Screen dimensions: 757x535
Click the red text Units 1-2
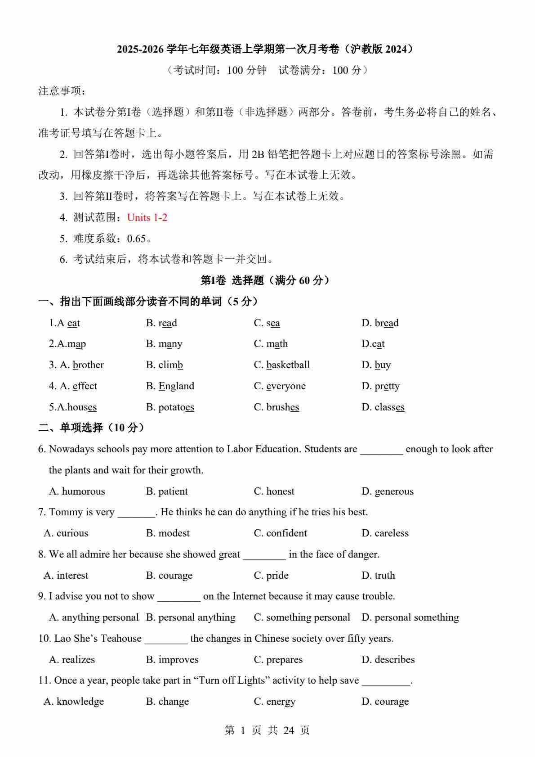147,218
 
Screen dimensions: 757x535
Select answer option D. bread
380,323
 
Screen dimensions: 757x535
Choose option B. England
170,386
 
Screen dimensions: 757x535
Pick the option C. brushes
276,407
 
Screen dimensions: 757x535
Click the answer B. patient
167,491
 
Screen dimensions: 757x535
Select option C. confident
280,533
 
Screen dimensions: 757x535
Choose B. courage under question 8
169,576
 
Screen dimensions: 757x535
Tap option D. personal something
410,617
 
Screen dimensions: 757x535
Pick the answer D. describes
388,660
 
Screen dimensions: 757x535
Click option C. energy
274,702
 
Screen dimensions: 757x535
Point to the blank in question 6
381,450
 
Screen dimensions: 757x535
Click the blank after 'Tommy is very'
136,513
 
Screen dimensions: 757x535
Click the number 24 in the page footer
289,730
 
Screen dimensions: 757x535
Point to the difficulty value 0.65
137,239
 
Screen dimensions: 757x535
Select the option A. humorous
77,491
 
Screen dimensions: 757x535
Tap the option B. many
164,344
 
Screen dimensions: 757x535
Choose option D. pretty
380,386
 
